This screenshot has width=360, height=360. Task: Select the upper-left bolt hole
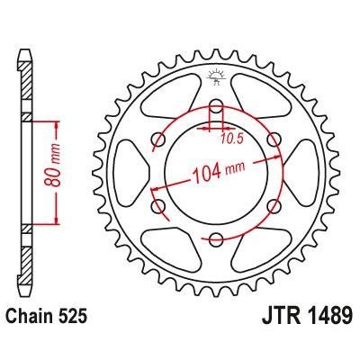(159, 140)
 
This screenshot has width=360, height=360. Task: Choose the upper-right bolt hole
(271, 140)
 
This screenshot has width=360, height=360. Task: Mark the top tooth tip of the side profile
(22, 41)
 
